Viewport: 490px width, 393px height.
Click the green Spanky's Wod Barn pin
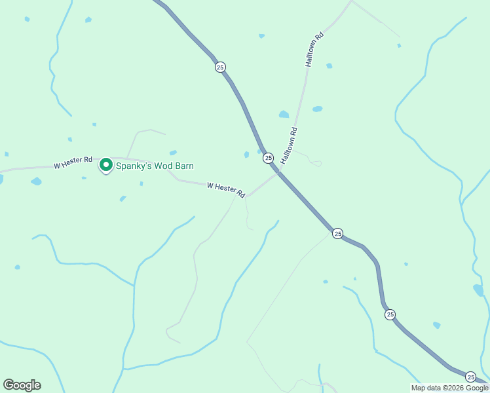coord(105,165)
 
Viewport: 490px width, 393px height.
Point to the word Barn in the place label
coord(183,166)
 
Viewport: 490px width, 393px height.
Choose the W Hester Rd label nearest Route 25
coord(226,190)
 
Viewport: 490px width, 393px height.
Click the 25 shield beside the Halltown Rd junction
coord(268,157)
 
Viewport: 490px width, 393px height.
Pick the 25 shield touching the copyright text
coord(470,377)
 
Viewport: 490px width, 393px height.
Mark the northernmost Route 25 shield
coord(220,67)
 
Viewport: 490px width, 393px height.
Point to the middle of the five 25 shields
coord(337,233)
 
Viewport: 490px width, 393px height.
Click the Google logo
coord(22,384)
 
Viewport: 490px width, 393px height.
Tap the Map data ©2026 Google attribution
coord(450,388)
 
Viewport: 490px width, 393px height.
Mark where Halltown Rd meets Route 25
coord(279,172)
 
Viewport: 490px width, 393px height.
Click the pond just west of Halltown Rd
coord(284,115)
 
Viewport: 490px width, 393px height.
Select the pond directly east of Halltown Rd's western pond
coord(318,109)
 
